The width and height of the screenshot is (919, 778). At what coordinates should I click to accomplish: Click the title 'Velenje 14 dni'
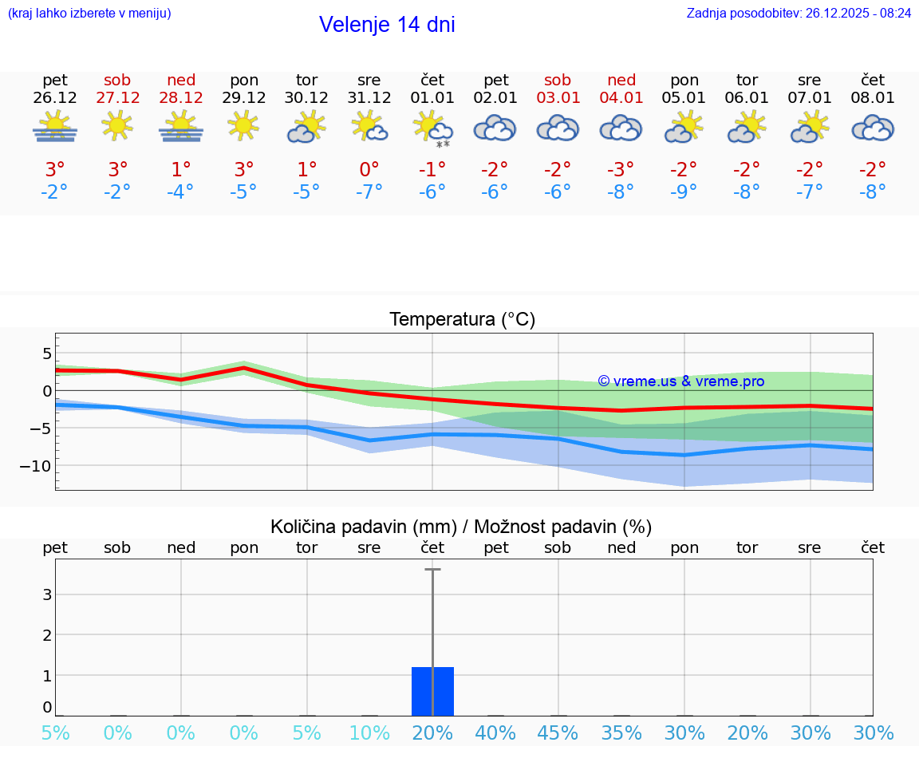click(x=387, y=25)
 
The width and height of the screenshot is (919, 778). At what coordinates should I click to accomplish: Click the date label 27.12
click(x=117, y=98)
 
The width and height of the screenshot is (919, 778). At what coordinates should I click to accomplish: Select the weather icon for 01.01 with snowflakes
click(x=432, y=128)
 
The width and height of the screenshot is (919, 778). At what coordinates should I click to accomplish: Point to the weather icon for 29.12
click(x=243, y=125)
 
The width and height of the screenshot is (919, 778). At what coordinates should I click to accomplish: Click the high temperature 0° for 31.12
click(x=369, y=170)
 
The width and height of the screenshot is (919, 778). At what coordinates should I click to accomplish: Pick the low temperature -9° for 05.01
click(x=684, y=192)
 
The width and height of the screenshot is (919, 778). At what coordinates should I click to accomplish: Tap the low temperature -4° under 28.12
click(x=180, y=192)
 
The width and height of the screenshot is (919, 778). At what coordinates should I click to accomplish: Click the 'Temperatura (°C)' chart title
click(x=462, y=319)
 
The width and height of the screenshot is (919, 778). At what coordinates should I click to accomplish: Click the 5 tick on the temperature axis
click(x=46, y=353)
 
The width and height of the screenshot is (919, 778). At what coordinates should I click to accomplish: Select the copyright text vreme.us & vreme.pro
click(x=680, y=381)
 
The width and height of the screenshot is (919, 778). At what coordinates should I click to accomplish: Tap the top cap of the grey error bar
click(x=432, y=569)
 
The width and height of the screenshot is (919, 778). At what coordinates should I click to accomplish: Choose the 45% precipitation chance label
click(x=558, y=733)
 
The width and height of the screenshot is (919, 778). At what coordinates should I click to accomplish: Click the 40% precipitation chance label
click(x=495, y=733)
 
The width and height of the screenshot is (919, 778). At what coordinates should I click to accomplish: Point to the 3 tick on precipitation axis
click(x=47, y=594)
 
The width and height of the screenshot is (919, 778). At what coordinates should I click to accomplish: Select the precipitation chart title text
click(x=461, y=527)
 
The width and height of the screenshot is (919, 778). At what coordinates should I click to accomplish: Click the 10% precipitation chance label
click(x=369, y=733)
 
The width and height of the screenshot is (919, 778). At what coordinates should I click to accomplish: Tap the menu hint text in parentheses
click(x=89, y=13)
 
